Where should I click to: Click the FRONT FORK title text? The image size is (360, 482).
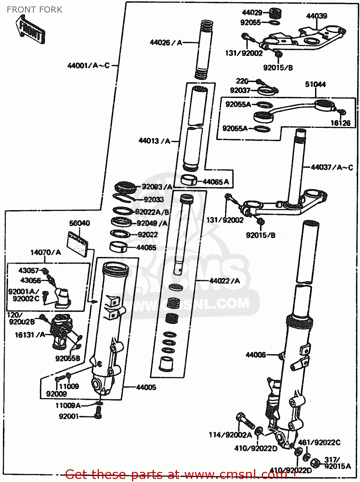pos(34,10)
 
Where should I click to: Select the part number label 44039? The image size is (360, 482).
pos(316,16)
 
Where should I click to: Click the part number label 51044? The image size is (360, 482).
pos(315,84)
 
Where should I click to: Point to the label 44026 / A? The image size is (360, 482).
pos(166,42)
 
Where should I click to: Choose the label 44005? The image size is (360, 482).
pos(146,387)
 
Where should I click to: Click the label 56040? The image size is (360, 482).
pos(79,223)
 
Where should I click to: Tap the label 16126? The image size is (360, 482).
pos(340,123)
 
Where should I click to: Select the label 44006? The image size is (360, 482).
pos(256,355)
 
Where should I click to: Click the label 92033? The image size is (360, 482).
pos(154,200)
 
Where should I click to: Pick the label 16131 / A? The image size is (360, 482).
pos(30,335)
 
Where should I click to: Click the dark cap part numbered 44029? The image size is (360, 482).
pos(275,13)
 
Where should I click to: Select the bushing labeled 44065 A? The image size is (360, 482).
pos(189,180)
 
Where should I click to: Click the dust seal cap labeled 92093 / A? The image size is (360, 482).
pos(126,187)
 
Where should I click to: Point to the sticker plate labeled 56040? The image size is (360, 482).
pos(77,244)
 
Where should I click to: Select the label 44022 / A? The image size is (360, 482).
pos(224,281)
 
